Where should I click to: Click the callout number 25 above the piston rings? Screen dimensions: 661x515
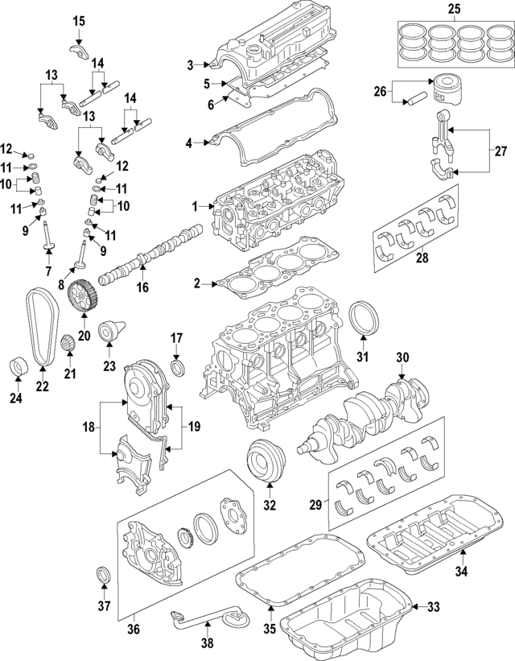pos(453,9)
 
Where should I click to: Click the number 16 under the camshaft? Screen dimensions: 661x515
pos(142,287)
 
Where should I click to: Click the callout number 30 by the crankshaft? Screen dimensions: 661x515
pos(402,357)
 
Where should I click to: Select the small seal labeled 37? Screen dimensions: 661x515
pos(104,575)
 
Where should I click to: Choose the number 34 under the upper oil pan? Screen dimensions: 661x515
pos(461,572)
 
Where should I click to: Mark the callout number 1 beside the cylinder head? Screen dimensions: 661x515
pos(194,207)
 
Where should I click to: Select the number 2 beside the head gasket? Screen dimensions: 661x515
pos(196,283)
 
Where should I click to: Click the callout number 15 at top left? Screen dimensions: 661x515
pos(78,20)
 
